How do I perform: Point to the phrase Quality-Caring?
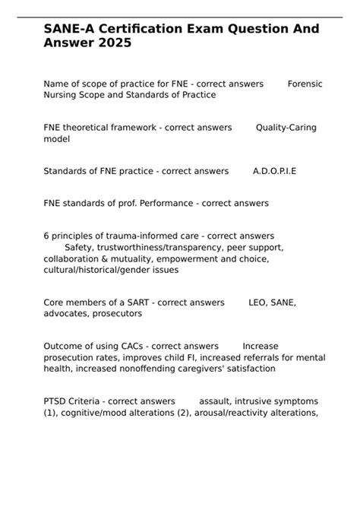tap(286, 127)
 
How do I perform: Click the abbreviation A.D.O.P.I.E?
tap(274, 171)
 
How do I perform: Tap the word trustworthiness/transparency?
tap(156, 247)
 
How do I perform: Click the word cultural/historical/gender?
tap(99, 269)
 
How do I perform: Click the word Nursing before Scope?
tap(62, 94)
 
